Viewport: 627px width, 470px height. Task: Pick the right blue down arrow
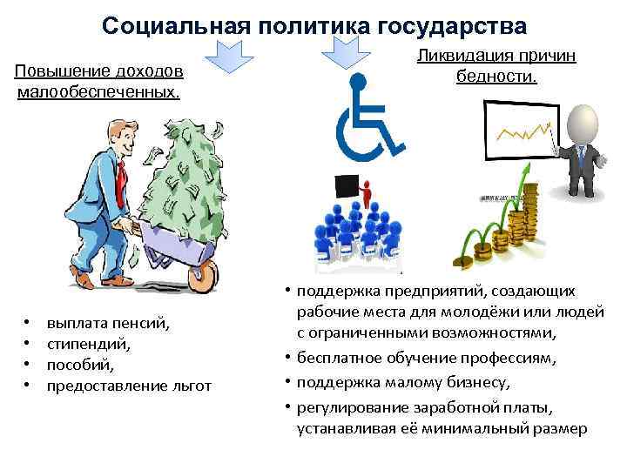pyautogui.click(x=341, y=57)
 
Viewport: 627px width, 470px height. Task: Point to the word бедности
pyautogui.click(x=496, y=76)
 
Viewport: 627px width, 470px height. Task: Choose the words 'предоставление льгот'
pyautogui.click(x=129, y=386)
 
